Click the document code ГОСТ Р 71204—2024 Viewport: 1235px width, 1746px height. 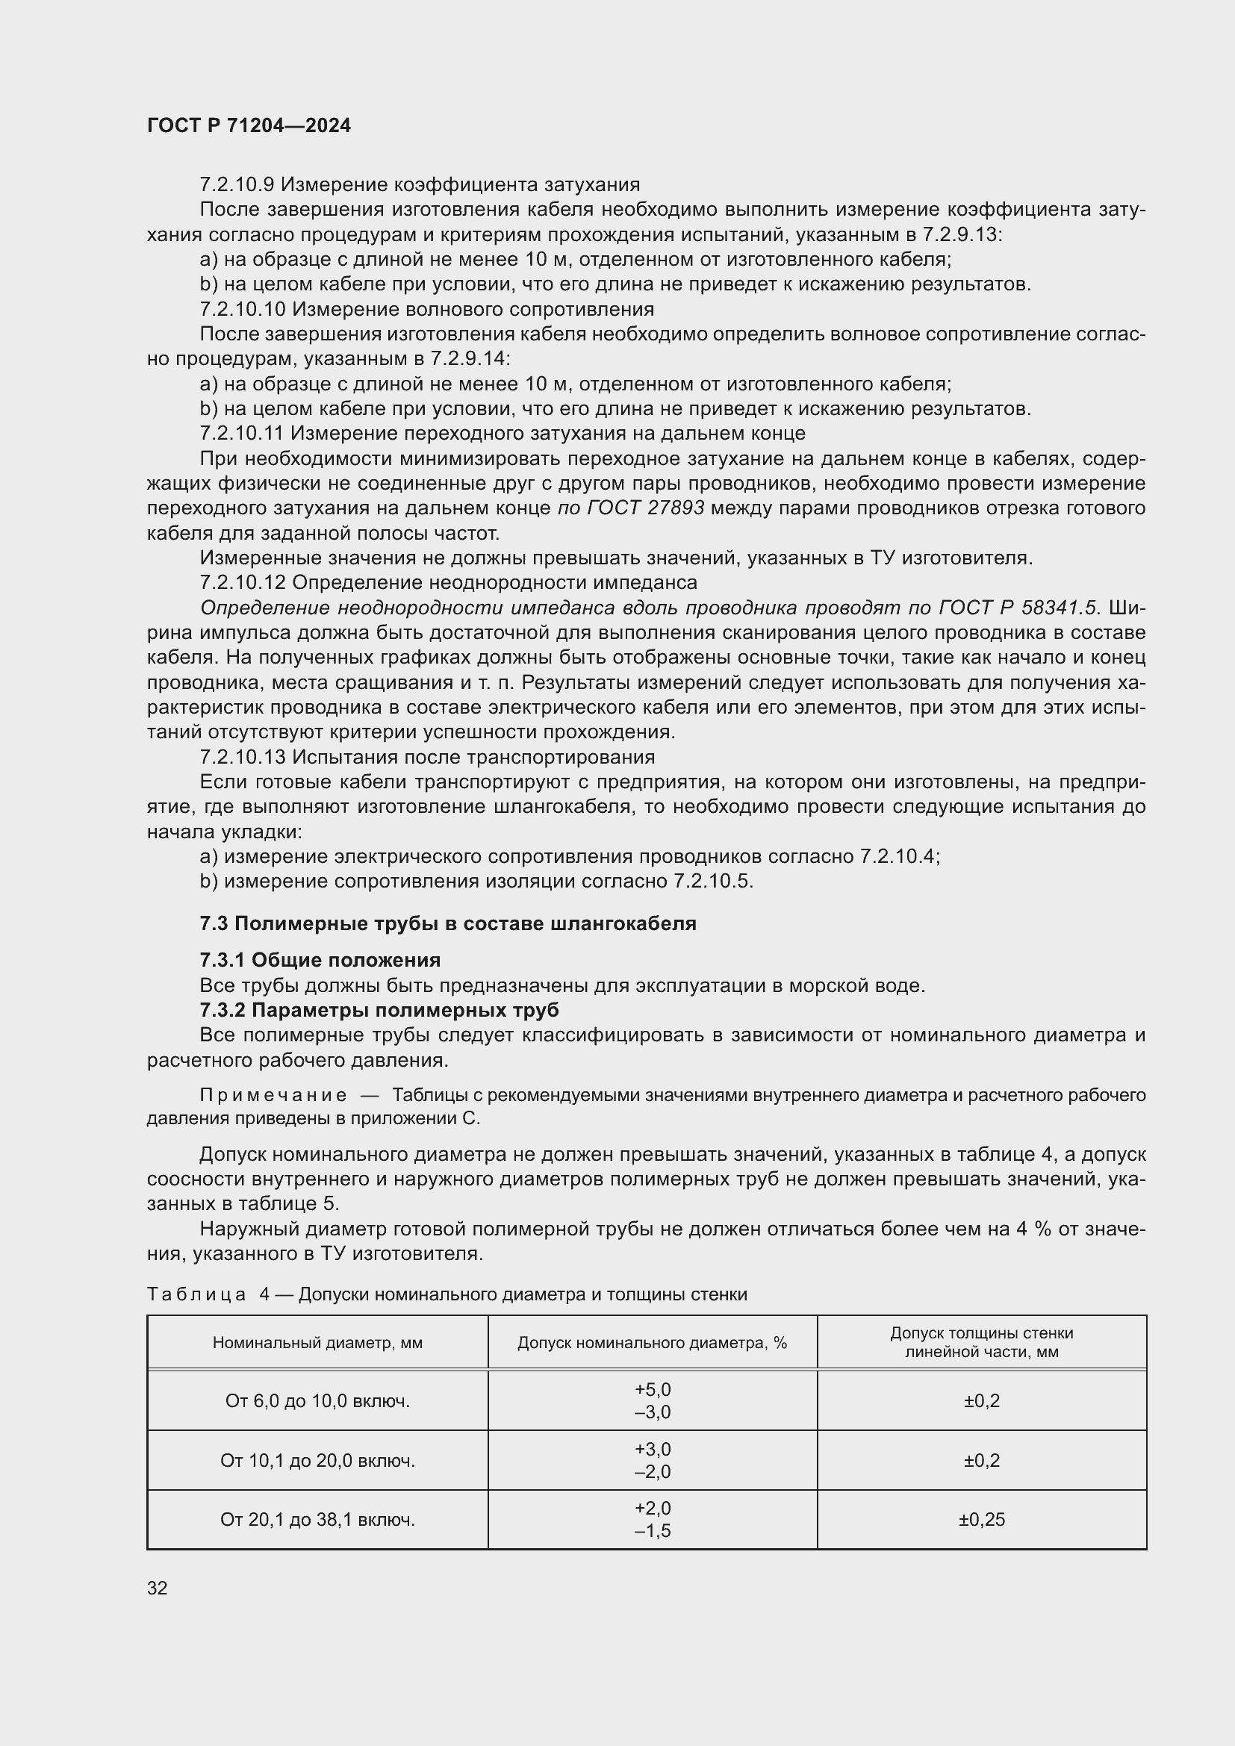click(249, 125)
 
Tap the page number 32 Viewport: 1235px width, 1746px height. click(158, 1588)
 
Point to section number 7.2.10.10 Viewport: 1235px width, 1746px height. click(243, 310)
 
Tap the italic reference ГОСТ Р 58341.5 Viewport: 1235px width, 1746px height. click(1019, 608)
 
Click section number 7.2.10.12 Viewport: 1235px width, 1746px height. click(243, 582)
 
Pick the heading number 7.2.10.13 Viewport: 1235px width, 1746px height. click(243, 757)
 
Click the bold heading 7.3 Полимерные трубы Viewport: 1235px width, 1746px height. click(447, 923)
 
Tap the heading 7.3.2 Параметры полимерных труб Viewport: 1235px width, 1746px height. click(379, 1010)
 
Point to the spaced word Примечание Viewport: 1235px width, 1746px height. click(273, 1095)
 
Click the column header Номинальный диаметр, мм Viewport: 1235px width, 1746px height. click(317, 1343)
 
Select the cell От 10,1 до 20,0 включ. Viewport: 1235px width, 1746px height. click(317, 1461)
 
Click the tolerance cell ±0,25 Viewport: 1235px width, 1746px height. click(981, 1519)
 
